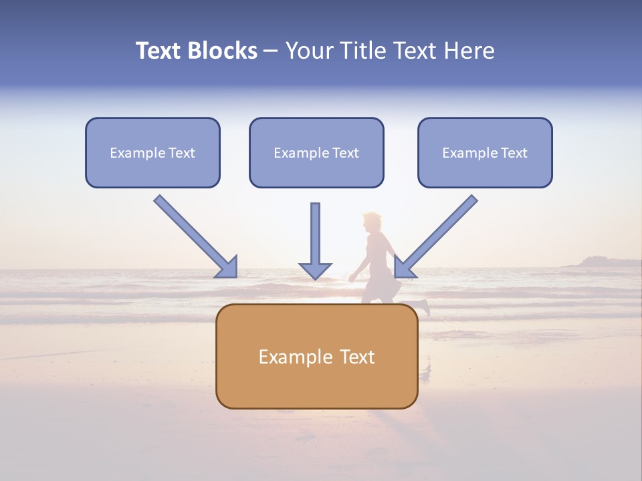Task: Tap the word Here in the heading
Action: [468, 51]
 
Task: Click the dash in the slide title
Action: [271, 51]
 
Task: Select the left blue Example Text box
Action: [152, 152]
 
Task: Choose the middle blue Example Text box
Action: [316, 152]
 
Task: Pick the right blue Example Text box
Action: [485, 152]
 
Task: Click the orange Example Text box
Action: [316, 356]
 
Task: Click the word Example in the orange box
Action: [287, 357]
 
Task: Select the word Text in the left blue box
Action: [182, 153]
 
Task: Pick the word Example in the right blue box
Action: [469, 153]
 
